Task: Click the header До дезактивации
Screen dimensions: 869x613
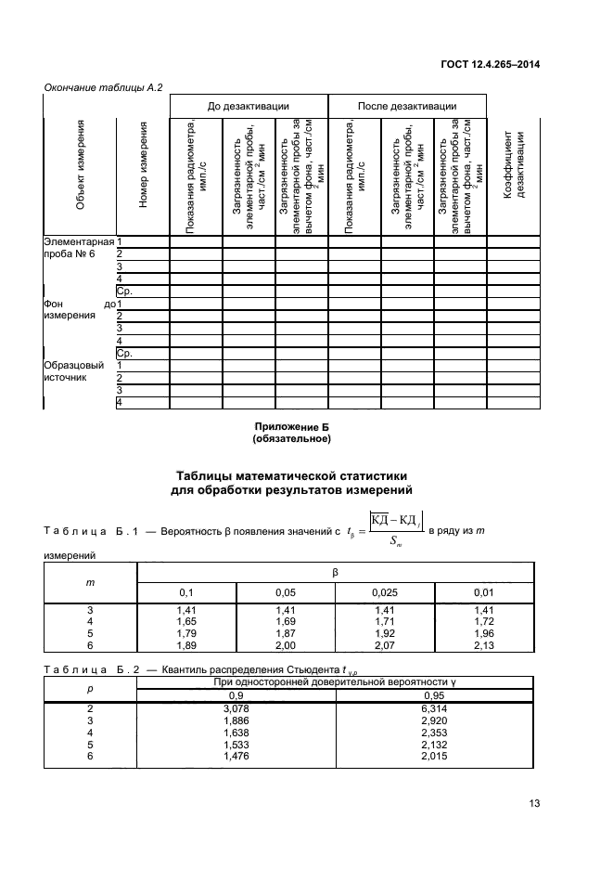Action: tap(248, 106)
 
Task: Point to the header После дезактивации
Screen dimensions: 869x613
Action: tap(407, 106)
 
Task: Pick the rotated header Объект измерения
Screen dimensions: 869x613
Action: tap(80, 175)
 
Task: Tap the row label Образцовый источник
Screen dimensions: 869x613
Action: tap(78, 371)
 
